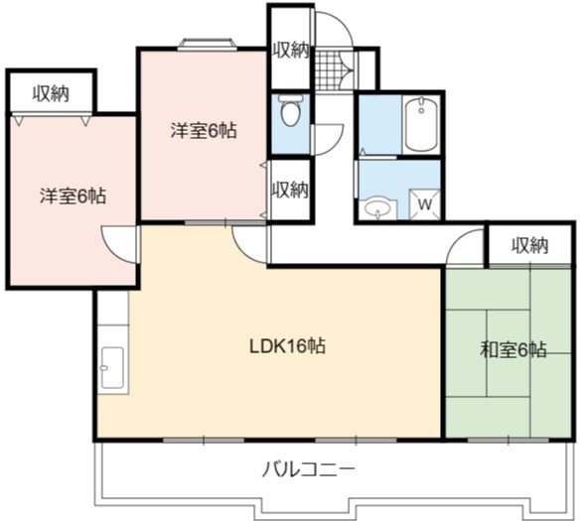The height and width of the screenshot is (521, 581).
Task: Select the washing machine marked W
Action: click(425, 204)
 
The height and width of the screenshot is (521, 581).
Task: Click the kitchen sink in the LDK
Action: click(112, 367)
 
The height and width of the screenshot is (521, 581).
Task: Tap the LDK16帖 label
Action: click(288, 346)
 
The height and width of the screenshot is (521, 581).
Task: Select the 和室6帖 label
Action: click(512, 349)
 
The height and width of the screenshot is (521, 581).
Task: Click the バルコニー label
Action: click(308, 470)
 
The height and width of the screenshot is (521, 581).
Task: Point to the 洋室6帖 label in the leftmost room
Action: click(73, 195)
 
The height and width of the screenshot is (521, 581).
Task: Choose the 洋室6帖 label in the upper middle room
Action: click(204, 130)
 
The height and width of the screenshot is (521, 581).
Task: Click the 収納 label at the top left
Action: click(51, 93)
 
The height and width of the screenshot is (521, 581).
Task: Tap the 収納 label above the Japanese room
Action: click(530, 245)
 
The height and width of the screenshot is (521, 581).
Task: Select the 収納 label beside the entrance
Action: click(291, 50)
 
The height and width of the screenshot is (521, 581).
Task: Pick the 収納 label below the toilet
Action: click(290, 190)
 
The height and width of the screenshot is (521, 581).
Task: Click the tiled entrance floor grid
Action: click(328, 70)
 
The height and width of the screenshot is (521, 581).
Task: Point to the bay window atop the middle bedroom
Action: click(208, 44)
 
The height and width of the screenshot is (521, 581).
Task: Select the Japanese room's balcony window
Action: click(508, 440)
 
